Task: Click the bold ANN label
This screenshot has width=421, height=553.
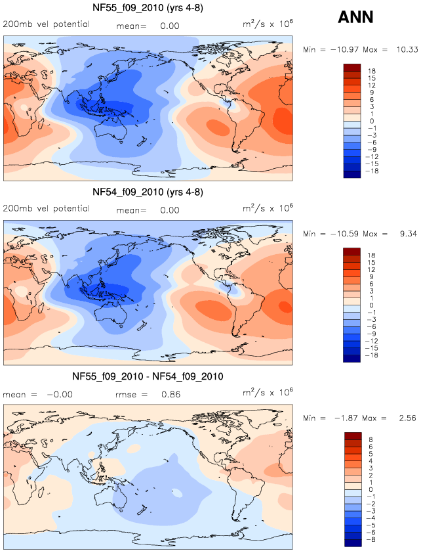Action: (355, 18)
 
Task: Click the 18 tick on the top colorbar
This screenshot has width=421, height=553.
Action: (371, 70)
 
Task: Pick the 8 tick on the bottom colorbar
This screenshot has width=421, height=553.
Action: (371, 439)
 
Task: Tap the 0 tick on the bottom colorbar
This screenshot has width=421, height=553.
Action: (371, 489)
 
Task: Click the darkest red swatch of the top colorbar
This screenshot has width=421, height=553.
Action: (352, 66)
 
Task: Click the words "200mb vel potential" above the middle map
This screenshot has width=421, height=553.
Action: (46, 209)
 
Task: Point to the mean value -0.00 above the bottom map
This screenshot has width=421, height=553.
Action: (60, 395)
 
